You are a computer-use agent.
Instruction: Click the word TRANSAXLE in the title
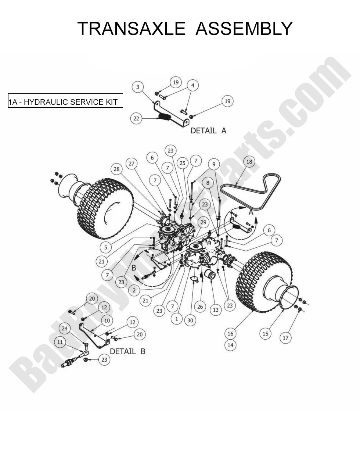tap(131, 29)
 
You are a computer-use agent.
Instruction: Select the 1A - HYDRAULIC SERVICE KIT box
tap(65, 102)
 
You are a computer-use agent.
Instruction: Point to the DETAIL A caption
tap(208, 130)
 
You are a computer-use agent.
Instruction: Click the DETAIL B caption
tap(127, 351)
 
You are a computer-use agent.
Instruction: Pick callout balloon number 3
tap(138, 87)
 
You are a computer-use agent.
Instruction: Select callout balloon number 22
tap(136, 118)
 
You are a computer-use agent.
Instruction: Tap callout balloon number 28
tap(117, 169)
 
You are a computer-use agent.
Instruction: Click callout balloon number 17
tap(286, 337)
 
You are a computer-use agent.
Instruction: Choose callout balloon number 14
tap(230, 345)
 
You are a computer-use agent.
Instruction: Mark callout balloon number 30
tap(190, 320)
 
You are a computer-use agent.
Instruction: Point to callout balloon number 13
tap(216, 310)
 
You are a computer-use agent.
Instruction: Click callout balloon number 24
tap(65, 328)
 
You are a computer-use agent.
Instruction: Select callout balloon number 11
tap(60, 342)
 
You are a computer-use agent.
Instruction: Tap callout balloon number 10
tap(107, 320)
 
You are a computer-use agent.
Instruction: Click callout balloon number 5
tap(106, 247)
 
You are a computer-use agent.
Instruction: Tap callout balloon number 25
tap(182, 163)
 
